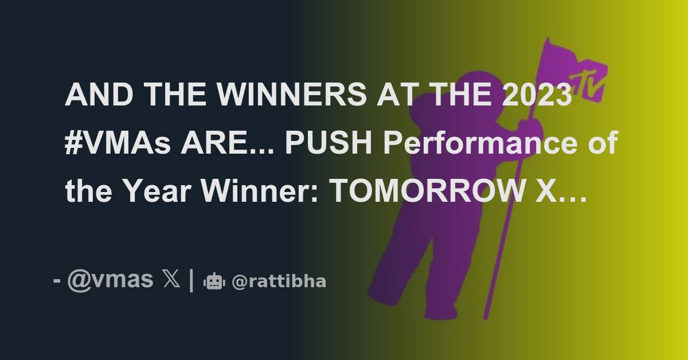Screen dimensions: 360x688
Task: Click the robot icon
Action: coord(214,281)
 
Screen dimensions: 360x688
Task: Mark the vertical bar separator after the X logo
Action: coord(190,280)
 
